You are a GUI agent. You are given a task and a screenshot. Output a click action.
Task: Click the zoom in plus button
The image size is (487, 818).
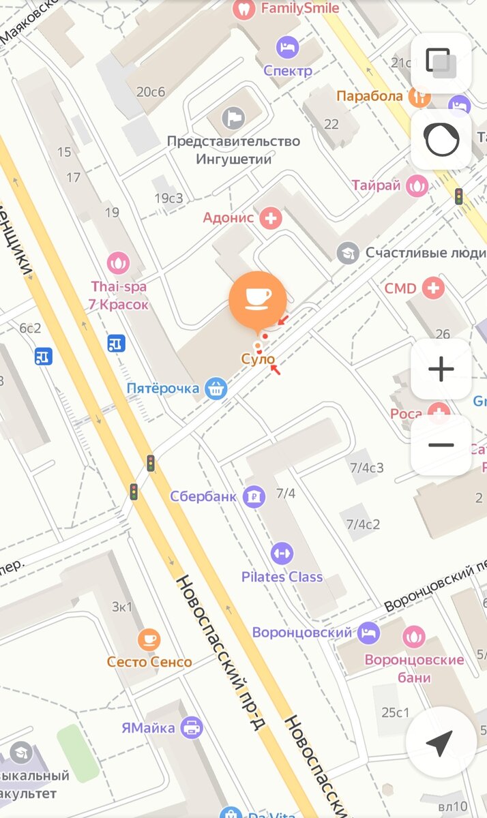pyautogui.click(x=441, y=369)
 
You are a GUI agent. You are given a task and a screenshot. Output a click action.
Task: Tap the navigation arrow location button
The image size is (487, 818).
pyautogui.click(x=441, y=742)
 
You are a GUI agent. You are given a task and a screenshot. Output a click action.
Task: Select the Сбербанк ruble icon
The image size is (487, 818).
pyautogui.click(x=254, y=496)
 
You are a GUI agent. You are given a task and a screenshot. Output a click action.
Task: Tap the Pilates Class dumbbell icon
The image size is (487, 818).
pyautogui.click(x=282, y=554)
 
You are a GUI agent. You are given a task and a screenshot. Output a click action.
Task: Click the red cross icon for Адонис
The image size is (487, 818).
pyautogui.click(x=271, y=218)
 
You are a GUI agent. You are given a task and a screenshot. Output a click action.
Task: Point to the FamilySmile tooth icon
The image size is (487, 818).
pyautogui.click(x=243, y=9)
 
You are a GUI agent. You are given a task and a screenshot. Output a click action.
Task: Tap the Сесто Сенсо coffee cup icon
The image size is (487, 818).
pyautogui.click(x=149, y=639)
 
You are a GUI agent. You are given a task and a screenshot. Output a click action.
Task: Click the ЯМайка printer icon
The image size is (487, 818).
pyautogui.click(x=192, y=727)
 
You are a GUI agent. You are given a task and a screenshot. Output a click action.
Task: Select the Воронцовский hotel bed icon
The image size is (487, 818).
pyautogui.click(x=368, y=632)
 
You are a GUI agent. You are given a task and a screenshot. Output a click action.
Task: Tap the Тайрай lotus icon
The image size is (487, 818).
pyautogui.click(x=416, y=185)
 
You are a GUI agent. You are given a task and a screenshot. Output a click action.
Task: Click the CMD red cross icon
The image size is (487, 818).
pyautogui.click(x=432, y=288)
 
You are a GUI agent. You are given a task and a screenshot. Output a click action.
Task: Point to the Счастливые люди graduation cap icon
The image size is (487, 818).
pyautogui.click(x=348, y=253)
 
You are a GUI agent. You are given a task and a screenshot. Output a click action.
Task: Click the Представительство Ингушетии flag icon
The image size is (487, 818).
pyautogui.click(x=233, y=118)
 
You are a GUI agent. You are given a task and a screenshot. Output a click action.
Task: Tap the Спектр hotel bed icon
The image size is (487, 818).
pyautogui.click(x=287, y=48)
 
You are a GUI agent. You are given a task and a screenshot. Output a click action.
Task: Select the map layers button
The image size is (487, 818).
pyautogui.click(x=441, y=63)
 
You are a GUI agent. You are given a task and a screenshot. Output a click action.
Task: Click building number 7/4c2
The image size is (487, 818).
pyautogui.click(x=363, y=524)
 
